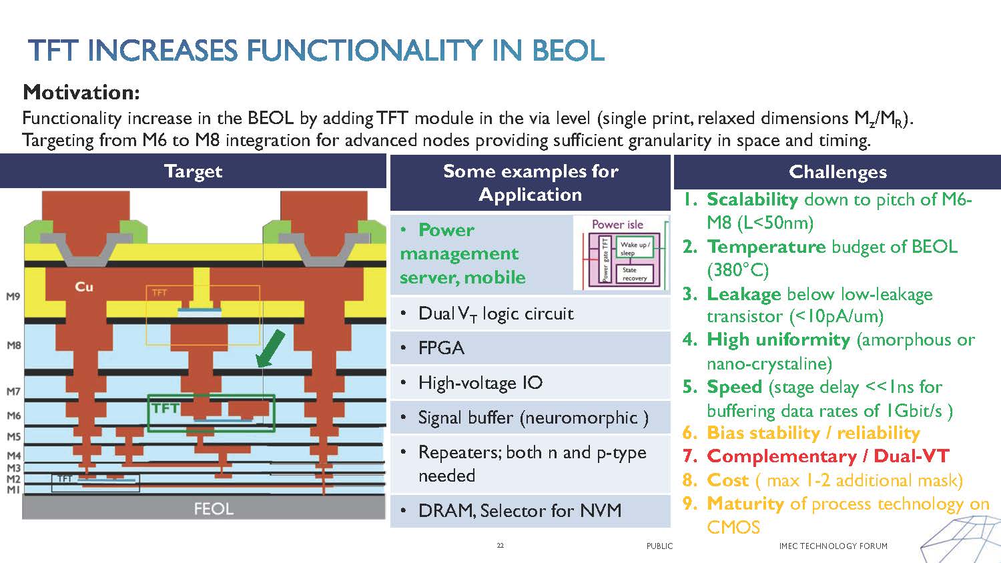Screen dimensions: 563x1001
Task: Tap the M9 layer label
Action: pos(13,296)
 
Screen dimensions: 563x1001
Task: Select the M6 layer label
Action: pos(13,415)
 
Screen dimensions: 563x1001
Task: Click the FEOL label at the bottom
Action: pos(214,509)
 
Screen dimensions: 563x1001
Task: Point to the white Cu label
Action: pos(84,287)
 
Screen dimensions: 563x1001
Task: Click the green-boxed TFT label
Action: pos(165,408)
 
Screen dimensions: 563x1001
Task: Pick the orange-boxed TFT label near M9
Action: pos(159,293)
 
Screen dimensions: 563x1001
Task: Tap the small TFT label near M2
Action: pos(65,478)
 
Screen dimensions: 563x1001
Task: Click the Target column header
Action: pos(193,171)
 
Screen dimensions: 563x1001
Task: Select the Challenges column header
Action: pos(838,172)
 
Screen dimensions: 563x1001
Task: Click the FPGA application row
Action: pos(441,348)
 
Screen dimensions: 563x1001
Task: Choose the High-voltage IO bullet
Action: pos(480,383)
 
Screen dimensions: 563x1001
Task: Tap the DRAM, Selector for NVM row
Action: pos(519,511)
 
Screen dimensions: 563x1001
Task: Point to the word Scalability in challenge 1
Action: pos(752,199)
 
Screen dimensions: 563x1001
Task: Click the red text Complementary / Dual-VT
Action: pos(827,456)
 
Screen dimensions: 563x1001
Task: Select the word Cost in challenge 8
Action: pos(728,480)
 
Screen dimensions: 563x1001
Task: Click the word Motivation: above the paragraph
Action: pos(81,92)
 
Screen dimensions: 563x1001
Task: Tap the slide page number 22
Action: pos(500,546)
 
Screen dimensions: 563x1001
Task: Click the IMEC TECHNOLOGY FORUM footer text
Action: pos(833,546)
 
